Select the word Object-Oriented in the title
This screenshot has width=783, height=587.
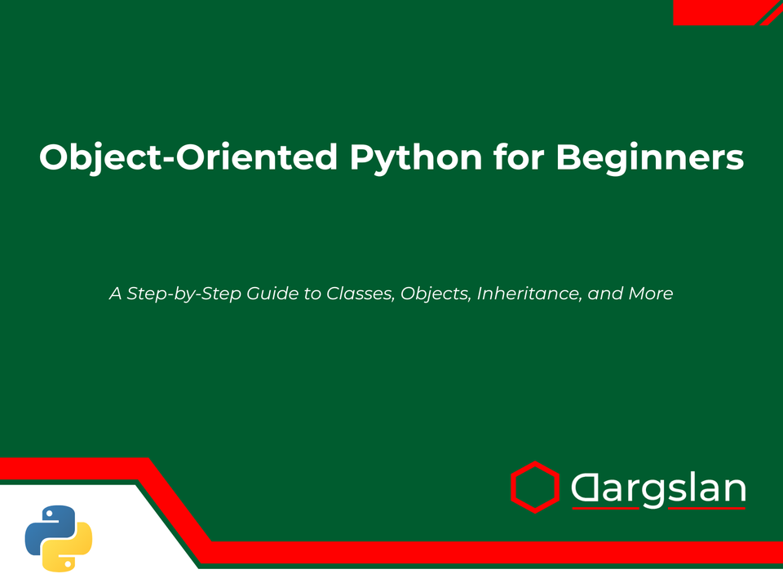188,157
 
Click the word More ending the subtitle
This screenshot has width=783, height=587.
650,293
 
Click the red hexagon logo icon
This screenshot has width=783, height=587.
535,488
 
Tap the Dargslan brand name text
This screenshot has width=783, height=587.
658,489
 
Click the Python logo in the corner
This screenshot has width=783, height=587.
59,537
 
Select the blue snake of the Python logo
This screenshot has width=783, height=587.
47,526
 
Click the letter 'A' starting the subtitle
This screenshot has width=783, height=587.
115,293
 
